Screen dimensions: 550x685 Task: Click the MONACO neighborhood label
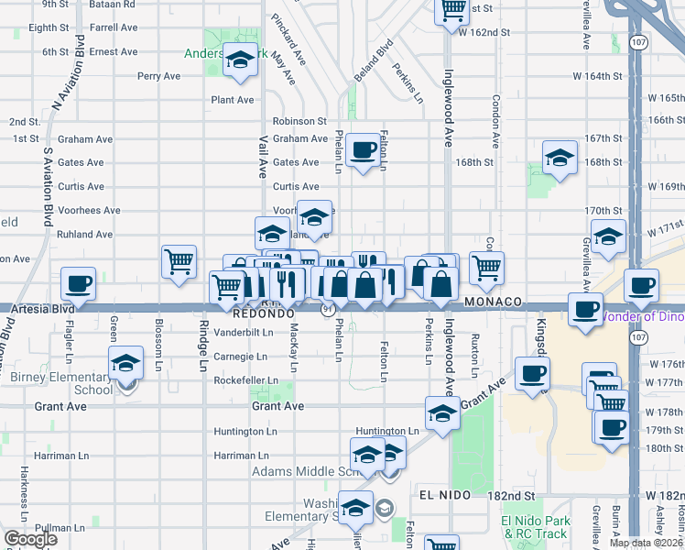(x=493, y=302)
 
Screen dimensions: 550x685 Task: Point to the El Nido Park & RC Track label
(x=535, y=527)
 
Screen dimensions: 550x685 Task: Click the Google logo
(x=29, y=539)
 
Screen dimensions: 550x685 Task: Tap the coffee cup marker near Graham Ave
(x=363, y=148)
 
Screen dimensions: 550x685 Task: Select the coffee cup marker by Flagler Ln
(x=79, y=283)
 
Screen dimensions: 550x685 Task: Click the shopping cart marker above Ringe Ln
(x=179, y=261)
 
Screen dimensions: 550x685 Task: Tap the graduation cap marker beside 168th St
(x=560, y=158)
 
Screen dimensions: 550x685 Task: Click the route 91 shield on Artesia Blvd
(x=327, y=310)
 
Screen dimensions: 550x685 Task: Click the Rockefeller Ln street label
(x=245, y=379)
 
